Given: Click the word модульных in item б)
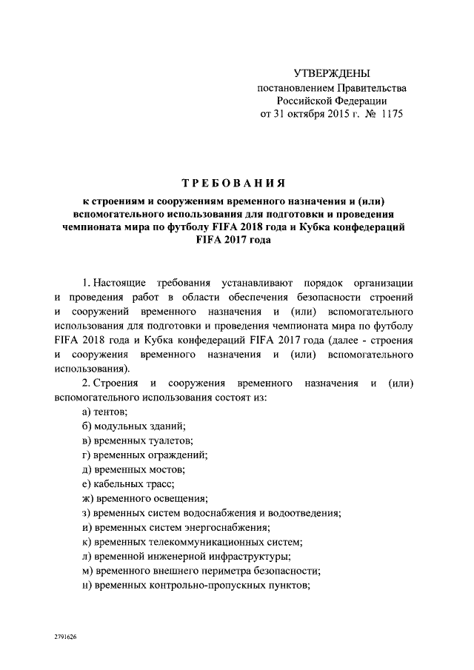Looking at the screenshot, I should point(116,426).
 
